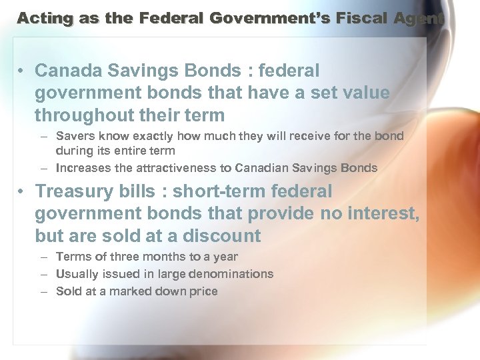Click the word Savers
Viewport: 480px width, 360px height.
tap(75, 136)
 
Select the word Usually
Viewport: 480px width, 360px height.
tap(77, 274)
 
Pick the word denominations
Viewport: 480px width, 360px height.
tap(231, 274)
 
